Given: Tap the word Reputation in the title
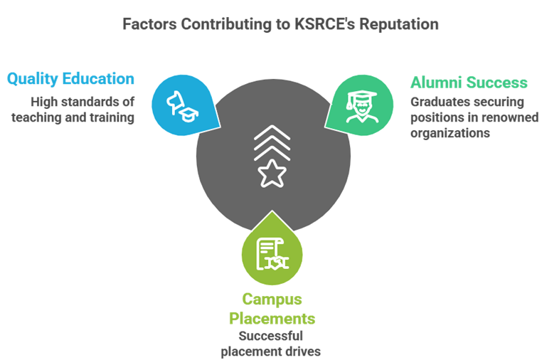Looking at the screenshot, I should [x=398, y=23].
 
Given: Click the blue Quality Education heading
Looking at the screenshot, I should [x=70, y=78].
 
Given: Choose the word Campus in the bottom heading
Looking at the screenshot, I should [x=271, y=298].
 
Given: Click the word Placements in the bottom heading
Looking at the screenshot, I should [x=271, y=317].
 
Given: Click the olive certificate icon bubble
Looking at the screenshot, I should [x=271, y=250].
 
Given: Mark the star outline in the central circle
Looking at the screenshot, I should [x=271, y=172].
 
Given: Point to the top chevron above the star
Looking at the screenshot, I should [x=271, y=130].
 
